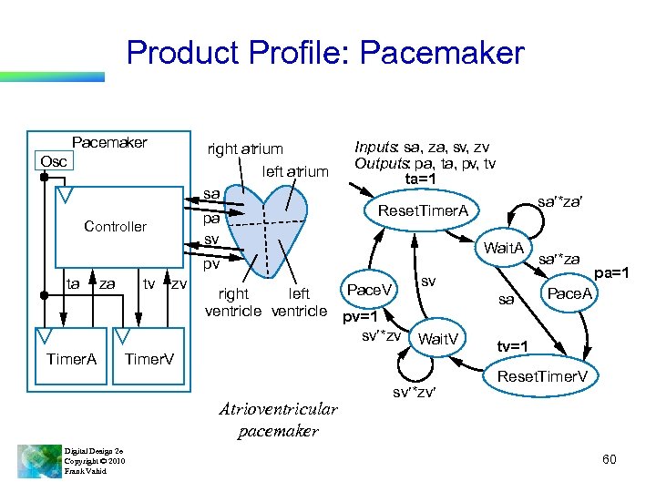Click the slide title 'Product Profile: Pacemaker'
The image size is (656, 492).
(325, 53)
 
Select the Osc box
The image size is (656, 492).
(51, 161)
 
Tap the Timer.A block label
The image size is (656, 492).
(71, 359)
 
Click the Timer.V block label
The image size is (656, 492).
(149, 359)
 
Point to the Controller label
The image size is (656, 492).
(115, 226)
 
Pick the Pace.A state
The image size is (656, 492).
(569, 293)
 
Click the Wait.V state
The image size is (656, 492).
(438, 340)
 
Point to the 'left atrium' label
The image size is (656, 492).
(294, 171)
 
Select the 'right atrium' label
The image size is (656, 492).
(245, 149)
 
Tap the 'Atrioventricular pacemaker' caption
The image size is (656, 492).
(279, 420)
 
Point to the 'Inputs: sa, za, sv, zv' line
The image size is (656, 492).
(422, 146)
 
